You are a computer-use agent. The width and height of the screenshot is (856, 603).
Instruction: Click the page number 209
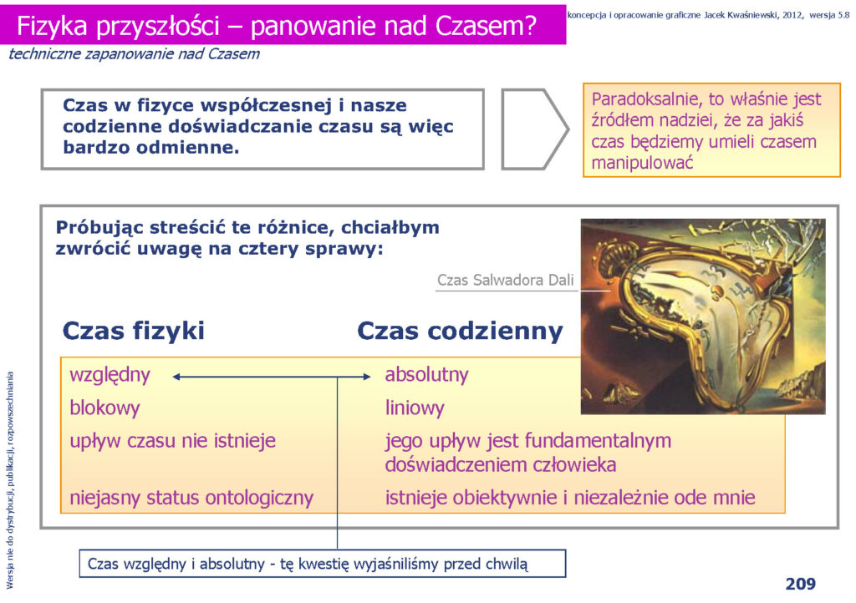[x=800, y=584]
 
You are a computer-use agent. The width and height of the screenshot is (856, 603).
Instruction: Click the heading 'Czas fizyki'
[x=134, y=331]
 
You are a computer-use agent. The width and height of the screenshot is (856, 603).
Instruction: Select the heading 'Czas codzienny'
[x=461, y=331]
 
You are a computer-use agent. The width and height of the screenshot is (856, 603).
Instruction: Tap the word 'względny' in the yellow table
[x=110, y=376]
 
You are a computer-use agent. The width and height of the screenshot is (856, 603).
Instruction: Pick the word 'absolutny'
[x=427, y=375]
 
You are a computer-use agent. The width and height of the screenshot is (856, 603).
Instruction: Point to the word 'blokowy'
[x=104, y=408]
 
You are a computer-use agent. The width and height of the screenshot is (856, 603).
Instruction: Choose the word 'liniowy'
[x=415, y=408]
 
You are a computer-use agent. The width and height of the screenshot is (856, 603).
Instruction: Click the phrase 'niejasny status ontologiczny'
[x=191, y=499]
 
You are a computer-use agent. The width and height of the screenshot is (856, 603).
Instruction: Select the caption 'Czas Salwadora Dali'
[x=506, y=281]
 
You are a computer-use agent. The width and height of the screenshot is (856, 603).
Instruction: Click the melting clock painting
[x=703, y=317]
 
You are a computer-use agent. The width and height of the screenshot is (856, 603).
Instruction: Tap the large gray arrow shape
[x=535, y=129]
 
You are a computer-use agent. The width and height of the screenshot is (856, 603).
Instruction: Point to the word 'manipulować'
[x=643, y=163]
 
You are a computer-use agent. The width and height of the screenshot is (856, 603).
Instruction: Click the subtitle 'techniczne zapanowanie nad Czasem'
[x=135, y=54]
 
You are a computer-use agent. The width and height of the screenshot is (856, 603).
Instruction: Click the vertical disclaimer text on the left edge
[x=10, y=480]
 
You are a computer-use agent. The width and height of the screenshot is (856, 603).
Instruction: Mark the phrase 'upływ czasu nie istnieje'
[x=172, y=441]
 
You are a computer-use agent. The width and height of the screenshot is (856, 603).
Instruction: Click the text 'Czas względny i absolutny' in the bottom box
[x=176, y=564]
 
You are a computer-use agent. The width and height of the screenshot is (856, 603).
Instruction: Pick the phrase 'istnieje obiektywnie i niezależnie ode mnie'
[x=570, y=498]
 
